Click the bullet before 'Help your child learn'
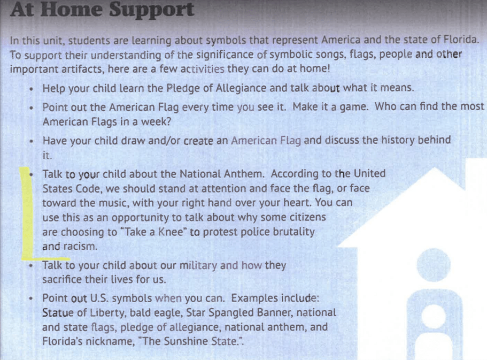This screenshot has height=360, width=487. (x=33, y=89)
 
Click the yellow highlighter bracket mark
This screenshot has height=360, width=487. (x=24, y=214)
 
